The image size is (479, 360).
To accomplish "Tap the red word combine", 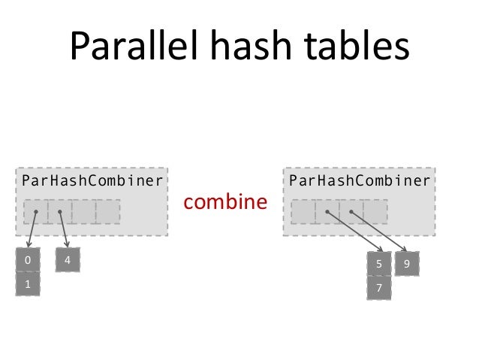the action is [225, 202].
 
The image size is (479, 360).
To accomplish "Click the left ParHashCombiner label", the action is [92, 180].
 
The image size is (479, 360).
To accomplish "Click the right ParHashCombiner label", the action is [360, 180].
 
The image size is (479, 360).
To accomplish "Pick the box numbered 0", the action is [28, 261].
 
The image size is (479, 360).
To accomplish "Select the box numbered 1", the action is [28, 285].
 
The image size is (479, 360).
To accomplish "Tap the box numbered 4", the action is [68, 261].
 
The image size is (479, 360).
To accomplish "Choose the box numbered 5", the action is [379, 264].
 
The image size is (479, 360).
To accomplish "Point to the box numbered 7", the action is [379, 288].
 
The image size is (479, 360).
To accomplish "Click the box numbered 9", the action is [406, 264].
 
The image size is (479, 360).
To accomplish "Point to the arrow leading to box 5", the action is [355, 232].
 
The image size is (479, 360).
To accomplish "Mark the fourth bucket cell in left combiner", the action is [107, 212].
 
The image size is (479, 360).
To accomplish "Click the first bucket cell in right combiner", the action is [303, 212].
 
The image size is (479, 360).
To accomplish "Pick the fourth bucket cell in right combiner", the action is [375, 212].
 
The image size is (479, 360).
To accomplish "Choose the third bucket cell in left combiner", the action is [83, 212].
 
